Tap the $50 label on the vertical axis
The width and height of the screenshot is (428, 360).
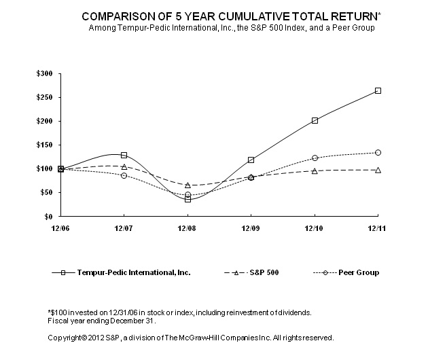click(x=45, y=192)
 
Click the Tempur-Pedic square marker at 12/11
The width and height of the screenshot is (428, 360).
click(x=378, y=90)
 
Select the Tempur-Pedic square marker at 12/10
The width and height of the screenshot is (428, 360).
click(x=315, y=120)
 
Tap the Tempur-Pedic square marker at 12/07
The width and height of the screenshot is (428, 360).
click(x=124, y=155)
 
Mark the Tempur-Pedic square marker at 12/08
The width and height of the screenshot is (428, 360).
click(x=188, y=199)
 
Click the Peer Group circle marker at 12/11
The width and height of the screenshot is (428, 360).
click(x=378, y=152)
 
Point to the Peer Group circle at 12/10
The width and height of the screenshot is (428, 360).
click(x=315, y=158)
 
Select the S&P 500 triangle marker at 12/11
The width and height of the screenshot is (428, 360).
click(x=378, y=170)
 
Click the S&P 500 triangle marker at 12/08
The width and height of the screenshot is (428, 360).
click(x=188, y=185)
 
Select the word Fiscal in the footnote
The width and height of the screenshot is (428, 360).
click(x=57, y=320)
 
